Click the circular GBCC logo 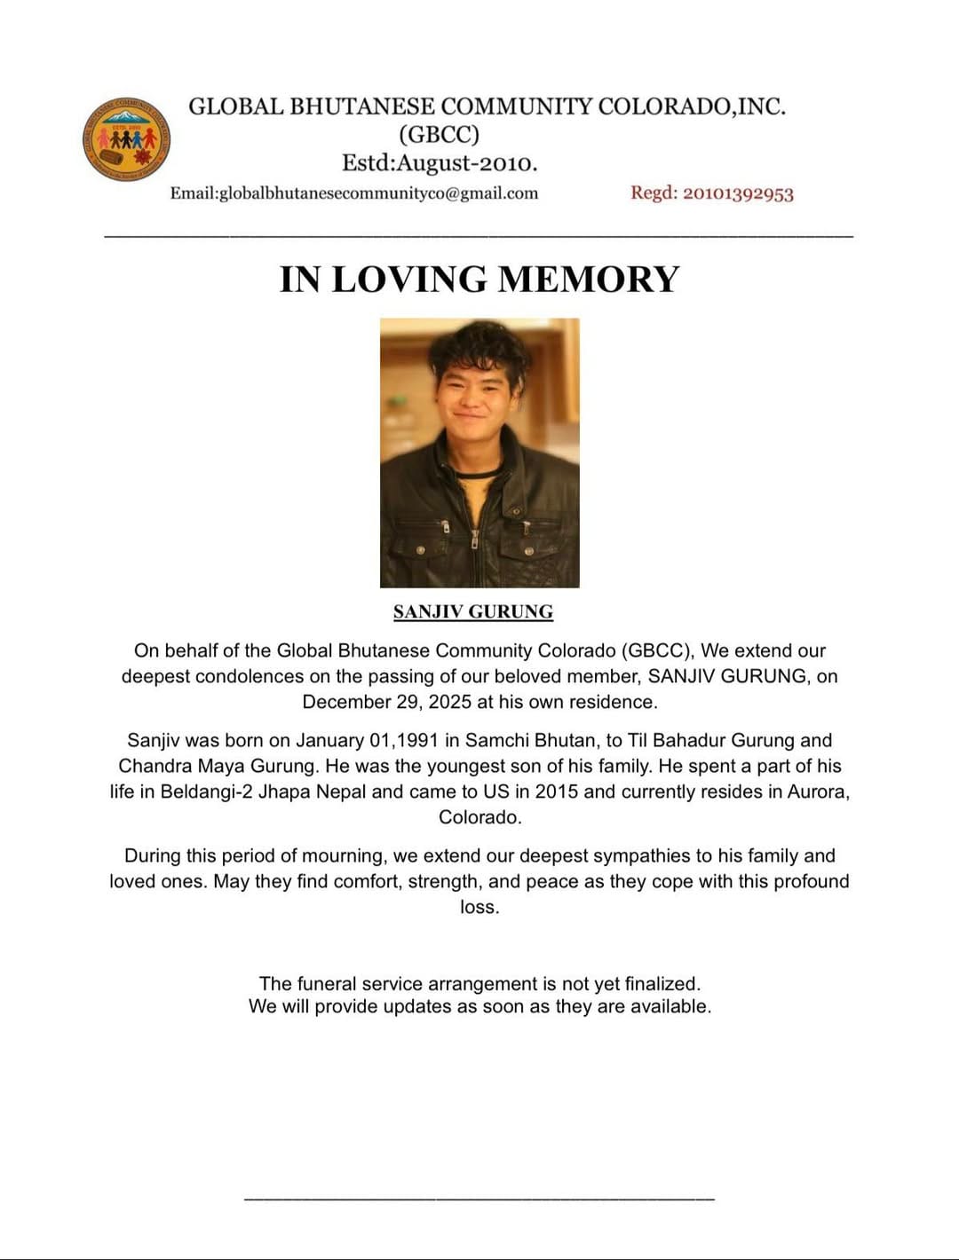pos(126,139)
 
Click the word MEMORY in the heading pos(588,279)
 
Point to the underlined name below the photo pos(473,611)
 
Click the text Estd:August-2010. pos(440,163)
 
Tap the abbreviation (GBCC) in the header pos(439,135)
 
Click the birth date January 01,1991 pos(367,740)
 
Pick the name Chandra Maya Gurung pos(218,766)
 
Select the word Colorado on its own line pos(479,817)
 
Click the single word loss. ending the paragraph pos(479,907)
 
